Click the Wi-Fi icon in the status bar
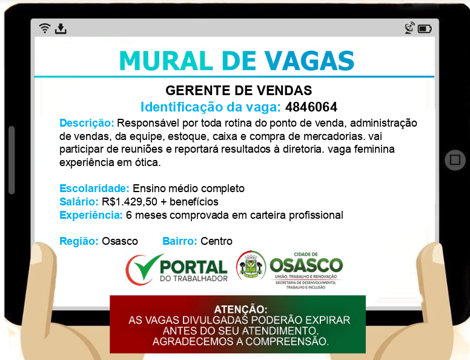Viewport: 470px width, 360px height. click(x=44, y=28)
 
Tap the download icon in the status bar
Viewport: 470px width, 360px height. click(x=61, y=28)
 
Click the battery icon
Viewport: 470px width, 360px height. click(x=425, y=29)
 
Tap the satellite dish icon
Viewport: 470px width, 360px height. click(x=409, y=28)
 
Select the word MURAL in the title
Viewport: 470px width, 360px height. click(x=166, y=61)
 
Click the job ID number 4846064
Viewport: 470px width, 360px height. click(x=311, y=107)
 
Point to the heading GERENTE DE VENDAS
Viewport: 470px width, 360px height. click(x=239, y=90)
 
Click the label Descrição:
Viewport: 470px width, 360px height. click(x=87, y=123)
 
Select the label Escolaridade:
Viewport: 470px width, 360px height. click(x=94, y=188)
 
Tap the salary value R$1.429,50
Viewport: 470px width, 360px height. click(x=130, y=202)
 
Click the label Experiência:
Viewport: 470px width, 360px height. click(x=91, y=215)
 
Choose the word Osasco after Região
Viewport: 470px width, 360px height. click(x=120, y=241)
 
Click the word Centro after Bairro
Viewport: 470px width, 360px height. click(x=216, y=241)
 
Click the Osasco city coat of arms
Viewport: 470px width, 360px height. click(x=251, y=265)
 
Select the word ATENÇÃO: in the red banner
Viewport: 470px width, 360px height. click(x=240, y=309)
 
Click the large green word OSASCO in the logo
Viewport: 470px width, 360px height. click(x=306, y=265)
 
